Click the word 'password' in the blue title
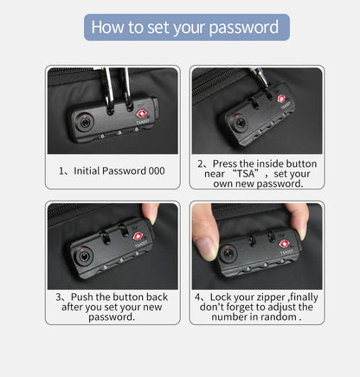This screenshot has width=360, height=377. click(x=244, y=28)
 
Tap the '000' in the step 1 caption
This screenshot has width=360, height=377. click(x=157, y=170)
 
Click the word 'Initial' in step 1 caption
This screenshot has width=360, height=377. click(x=87, y=170)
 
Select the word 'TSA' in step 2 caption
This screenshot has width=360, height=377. click(x=246, y=174)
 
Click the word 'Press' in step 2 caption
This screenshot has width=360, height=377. click(x=225, y=163)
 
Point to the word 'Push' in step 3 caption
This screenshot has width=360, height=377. click(x=82, y=297)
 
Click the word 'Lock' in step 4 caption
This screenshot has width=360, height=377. click(x=220, y=297)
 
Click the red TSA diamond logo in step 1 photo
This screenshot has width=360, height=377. click(x=141, y=114)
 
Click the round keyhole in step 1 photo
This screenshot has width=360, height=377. click(x=85, y=124)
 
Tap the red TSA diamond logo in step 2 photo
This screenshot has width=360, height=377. click(x=281, y=99)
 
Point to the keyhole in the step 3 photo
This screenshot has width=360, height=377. click(x=84, y=256)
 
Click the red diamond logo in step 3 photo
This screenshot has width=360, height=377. click(x=138, y=237)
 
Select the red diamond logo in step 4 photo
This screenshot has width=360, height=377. click(x=284, y=244)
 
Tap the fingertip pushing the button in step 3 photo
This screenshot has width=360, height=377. click(x=152, y=214)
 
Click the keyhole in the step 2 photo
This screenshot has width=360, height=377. click(x=239, y=123)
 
